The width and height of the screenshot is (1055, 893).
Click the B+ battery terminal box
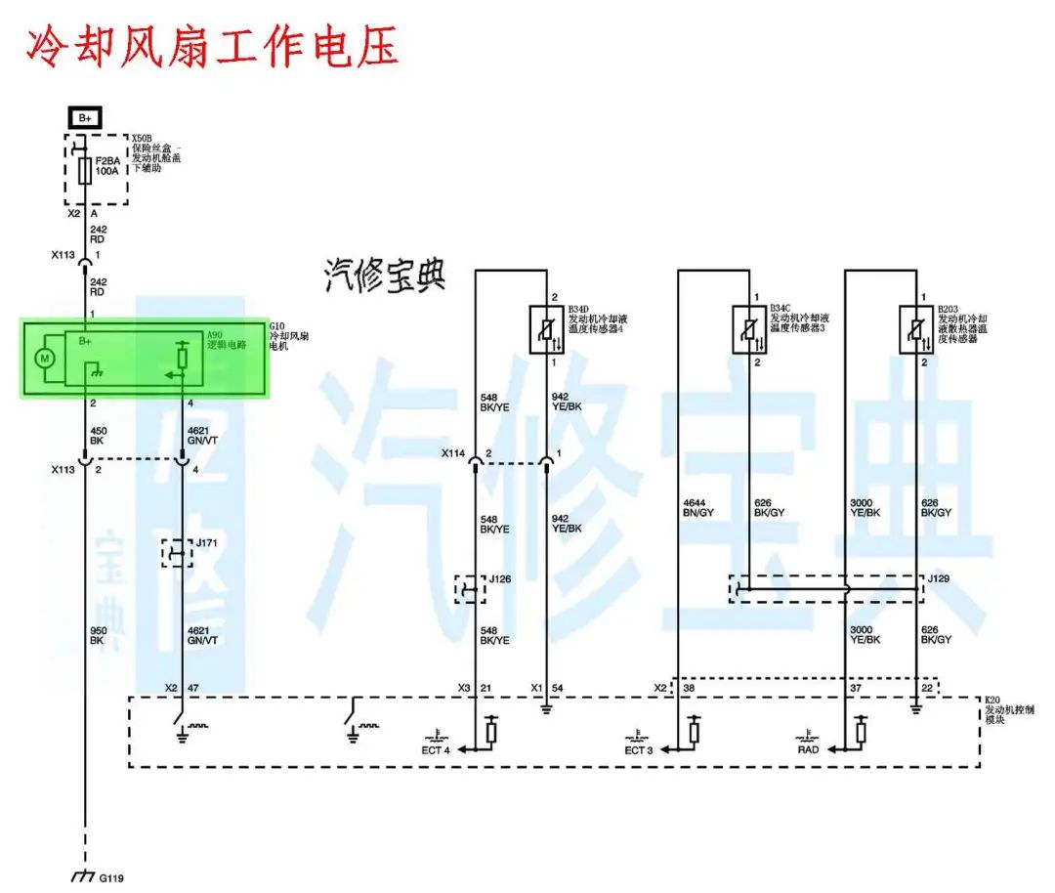(x=86, y=118)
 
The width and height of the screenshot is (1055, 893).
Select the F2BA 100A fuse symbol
(x=85, y=171)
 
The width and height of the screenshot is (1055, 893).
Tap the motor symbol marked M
(x=43, y=359)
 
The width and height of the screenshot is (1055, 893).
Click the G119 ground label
(x=110, y=876)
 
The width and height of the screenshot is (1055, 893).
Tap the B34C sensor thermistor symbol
(x=749, y=329)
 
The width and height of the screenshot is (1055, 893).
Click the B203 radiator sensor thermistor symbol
(x=916, y=329)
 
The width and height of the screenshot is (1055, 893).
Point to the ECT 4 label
(x=436, y=749)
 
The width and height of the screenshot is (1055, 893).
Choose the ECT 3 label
(x=639, y=749)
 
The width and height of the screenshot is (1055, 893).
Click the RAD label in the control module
(x=808, y=749)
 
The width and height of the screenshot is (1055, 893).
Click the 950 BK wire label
(x=98, y=634)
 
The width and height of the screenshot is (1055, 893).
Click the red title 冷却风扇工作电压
(x=211, y=44)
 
